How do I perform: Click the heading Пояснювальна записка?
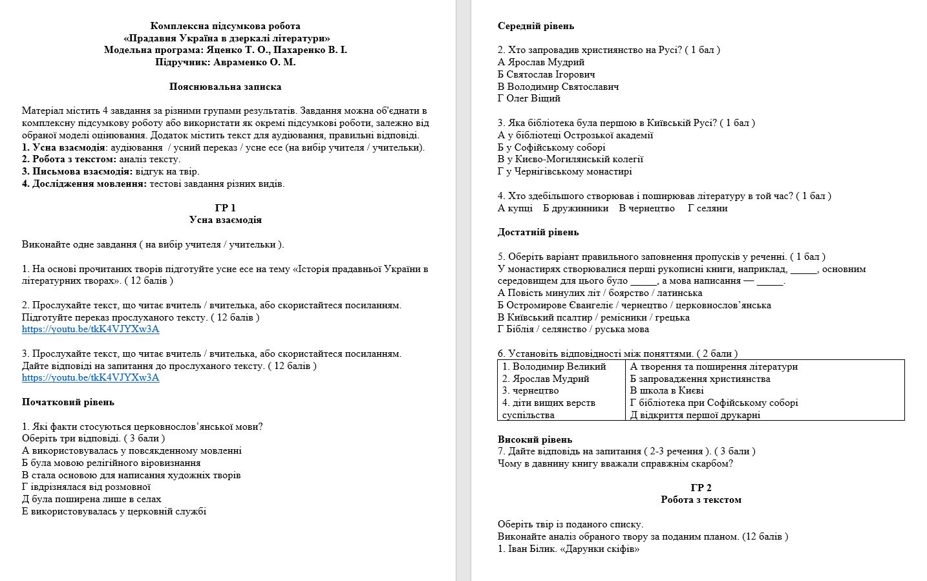(225, 87)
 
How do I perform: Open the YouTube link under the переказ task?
(91, 329)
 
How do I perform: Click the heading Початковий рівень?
(68, 402)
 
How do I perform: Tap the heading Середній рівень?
(536, 26)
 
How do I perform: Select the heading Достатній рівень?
(538, 232)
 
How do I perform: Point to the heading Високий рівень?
(535, 439)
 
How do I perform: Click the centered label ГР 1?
(225, 208)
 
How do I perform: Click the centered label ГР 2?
(701, 488)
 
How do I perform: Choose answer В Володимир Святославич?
(559, 87)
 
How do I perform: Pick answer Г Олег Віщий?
(529, 98)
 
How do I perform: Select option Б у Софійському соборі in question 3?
(551, 147)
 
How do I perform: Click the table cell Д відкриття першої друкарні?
(695, 415)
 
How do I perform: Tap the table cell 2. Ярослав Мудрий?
(546, 379)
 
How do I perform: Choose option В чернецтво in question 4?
(646, 208)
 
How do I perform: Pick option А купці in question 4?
(515, 208)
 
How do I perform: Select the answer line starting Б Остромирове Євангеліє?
(634, 305)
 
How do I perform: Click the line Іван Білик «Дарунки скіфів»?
(568, 549)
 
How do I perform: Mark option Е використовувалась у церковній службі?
(114, 511)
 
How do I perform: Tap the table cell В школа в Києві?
(666, 390)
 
